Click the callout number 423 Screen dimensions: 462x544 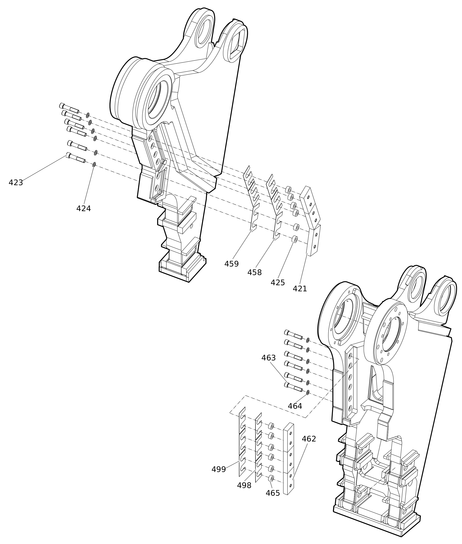pyautogui.click(x=16, y=183)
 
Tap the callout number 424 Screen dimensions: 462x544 pyautogui.click(x=84, y=209)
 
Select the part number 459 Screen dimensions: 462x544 pyautogui.click(x=232, y=264)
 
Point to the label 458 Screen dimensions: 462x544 pyautogui.click(x=255, y=273)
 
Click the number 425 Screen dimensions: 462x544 pyautogui.click(x=278, y=283)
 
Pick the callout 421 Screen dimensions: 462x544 pyautogui.click(x=300, y=289)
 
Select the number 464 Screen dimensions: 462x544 pyautogui.click(x=295, y=406)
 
